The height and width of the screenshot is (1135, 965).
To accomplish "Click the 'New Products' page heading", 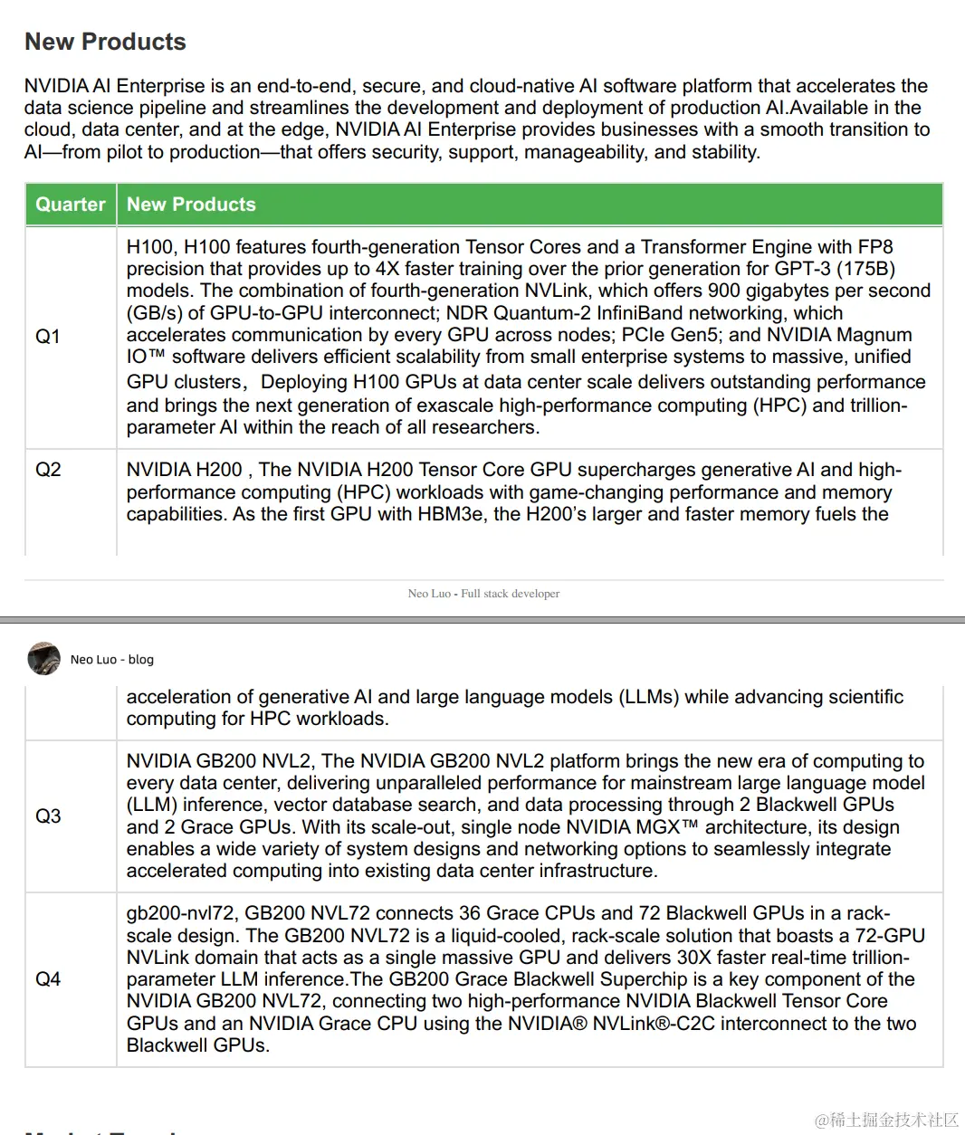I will click(105, 42).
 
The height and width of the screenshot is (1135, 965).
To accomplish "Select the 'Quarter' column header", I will click(71, 205).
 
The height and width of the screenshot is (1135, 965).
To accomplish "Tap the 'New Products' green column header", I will click(191, 205).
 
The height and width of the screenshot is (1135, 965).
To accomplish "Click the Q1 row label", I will click(48, 337).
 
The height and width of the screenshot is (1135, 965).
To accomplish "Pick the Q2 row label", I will click(48, 470).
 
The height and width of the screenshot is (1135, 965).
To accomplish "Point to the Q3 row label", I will click(48, 816).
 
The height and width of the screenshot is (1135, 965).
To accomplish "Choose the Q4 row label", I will click(48, 979).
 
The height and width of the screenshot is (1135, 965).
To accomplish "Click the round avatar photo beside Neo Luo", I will click(43, 659).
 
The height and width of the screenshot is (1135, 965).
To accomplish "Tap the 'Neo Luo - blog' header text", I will click(112, 660).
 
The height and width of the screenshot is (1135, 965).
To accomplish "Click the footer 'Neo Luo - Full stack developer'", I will click(483, 594).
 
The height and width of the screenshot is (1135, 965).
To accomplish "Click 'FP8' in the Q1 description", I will click(874, 247).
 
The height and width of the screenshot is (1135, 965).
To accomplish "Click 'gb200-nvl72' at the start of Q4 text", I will click(180, 913).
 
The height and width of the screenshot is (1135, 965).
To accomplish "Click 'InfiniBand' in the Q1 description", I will click(635, 313).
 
